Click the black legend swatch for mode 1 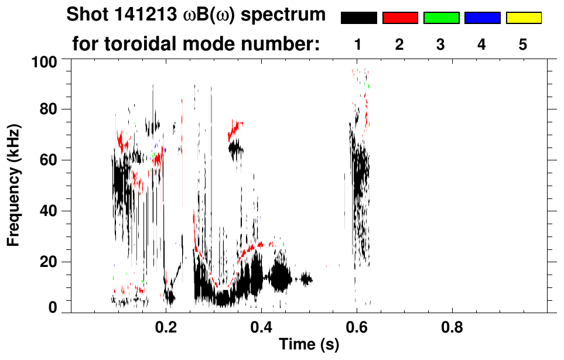click(x=359, y=18)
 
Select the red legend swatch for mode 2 click(x=400, y=18)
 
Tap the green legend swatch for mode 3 click(x=441, y=18)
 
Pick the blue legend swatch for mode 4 click(x=482, y=18)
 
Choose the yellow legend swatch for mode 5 click(x=524, y=18)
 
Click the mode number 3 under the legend click(x=441, y=44)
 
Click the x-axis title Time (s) click(x=309, y=345)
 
